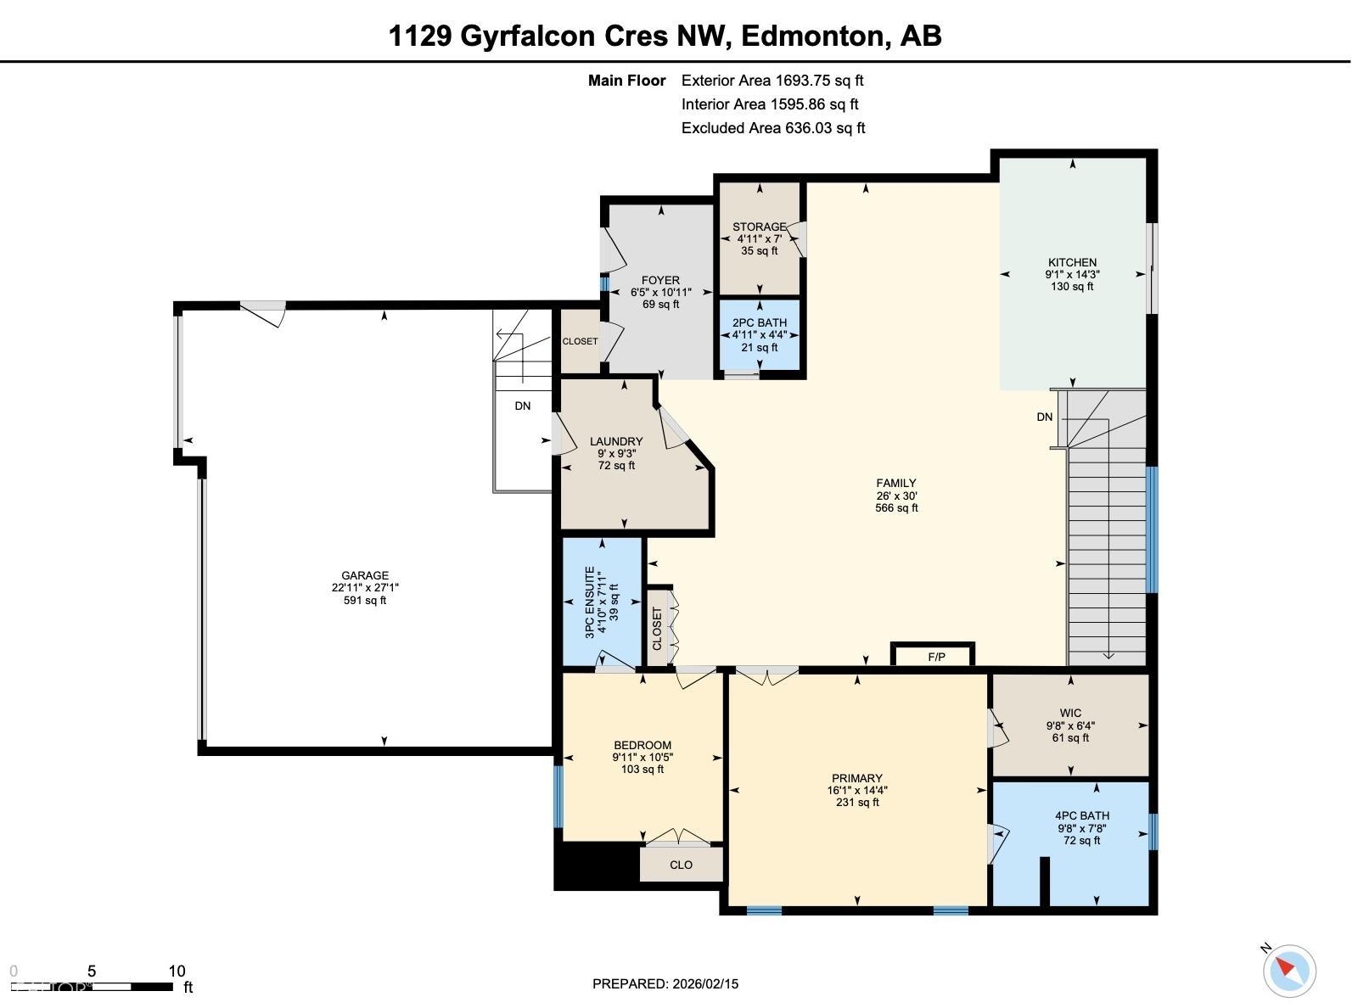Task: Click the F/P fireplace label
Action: point(936,657)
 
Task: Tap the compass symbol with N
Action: point(1288,970)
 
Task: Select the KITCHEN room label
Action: point(1072,262)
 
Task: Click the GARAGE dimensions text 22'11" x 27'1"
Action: point(365,587)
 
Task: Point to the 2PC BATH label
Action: point(760,322)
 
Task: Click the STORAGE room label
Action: point(759,227)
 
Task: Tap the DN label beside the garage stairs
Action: point(523,406)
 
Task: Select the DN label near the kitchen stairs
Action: point(1045,417)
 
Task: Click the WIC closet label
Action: point(1070,714)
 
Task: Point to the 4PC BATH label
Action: point(1082,815)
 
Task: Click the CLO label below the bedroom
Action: point(681,865)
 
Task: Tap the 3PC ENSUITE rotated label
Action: point(588,602)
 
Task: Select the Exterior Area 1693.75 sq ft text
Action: point(772,81)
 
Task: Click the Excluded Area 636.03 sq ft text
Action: point(773,128)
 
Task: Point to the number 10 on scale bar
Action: point(177,971)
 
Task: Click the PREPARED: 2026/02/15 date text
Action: point(665,983)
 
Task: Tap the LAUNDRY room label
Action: point(616,441)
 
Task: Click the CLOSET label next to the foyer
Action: point(580,341)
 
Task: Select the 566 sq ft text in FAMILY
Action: point(896,508)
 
